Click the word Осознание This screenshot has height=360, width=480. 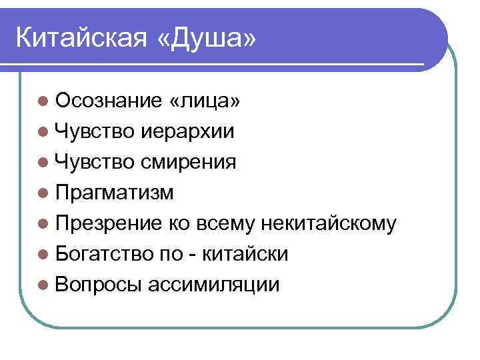(x=108, y=101)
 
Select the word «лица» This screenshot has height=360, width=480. (x=205, y=101)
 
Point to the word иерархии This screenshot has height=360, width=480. (x=187, y=131)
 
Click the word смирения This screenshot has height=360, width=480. (x=189, y=162)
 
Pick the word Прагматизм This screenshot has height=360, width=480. (x=115, y=193)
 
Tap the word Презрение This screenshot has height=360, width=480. (x=108, y=223)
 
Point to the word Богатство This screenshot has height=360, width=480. (x=108, y=254)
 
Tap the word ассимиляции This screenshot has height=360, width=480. (x=214, y=285)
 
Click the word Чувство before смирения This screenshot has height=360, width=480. (x=94, y=162)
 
